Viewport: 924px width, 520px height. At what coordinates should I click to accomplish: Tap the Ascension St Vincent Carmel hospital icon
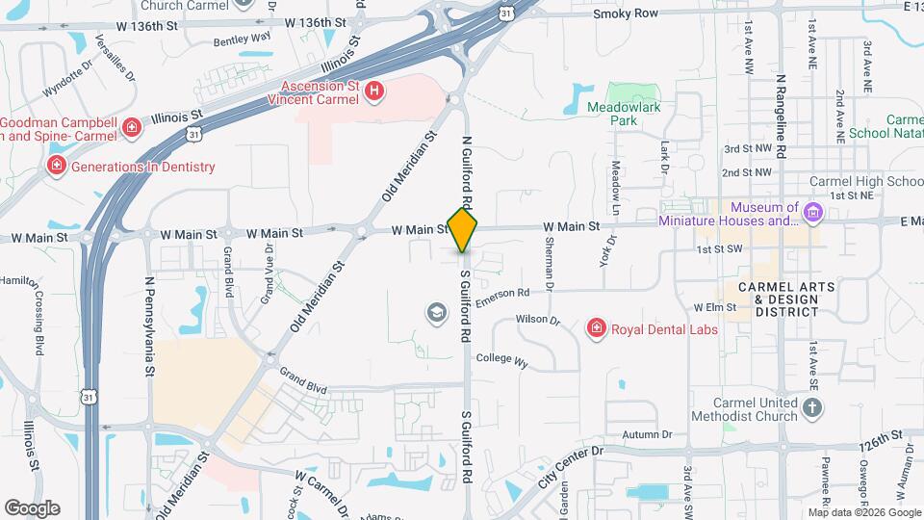pos(374,92)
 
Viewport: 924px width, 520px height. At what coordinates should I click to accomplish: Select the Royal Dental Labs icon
pos(597,329)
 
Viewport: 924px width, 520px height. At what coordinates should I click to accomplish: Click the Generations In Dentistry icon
pos(57,167)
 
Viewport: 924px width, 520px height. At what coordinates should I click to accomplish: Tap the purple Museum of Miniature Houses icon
pos(813,211)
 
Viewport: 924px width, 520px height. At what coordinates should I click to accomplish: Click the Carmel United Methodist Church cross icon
pos(813,409)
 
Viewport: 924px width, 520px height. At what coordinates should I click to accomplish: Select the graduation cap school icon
pos(436,312)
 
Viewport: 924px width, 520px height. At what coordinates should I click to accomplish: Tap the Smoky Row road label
pos(626,14)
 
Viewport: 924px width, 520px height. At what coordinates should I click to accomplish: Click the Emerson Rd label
pos(502,294)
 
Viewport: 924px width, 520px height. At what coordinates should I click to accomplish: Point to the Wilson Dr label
pos(537,319)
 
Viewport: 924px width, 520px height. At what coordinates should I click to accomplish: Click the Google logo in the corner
pos(32,507)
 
